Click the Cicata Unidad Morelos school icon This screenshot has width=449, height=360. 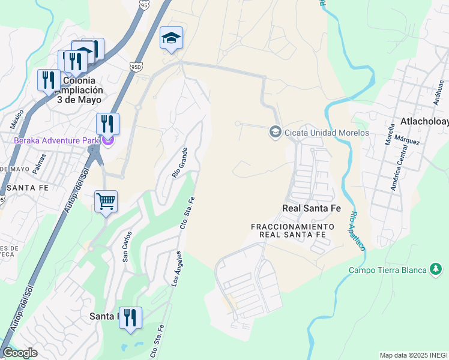[275, 131]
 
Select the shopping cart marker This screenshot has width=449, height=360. [106, 202]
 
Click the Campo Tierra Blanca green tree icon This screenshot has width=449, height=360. [435, 270]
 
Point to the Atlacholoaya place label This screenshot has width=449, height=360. [424, 122]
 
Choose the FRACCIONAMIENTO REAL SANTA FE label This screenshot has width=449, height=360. [292, 230]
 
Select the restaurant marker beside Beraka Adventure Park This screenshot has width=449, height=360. [107, 124]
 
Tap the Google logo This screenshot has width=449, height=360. [20, 353]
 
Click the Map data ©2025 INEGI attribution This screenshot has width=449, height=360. [414, 355]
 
